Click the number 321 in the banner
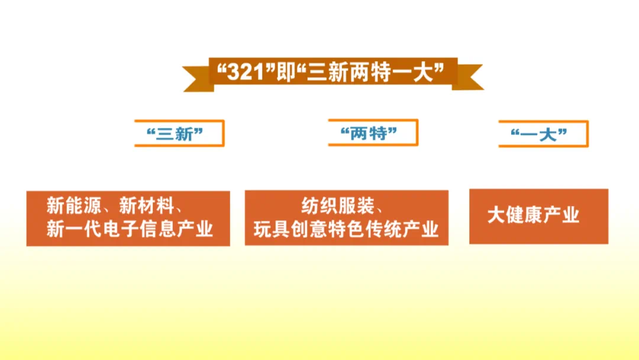pyautogui.click(x=246, y=73)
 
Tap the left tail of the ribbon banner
pyautogui.click(x=198, y=78)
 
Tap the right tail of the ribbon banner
pyautogui.click(x=468, y=76)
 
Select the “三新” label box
pyautogui.click(x=179, y=133)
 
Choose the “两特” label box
pyautogui.click(x=373, y=133)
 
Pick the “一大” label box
pyautogui.click(x=544, y=134)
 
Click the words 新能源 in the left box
pyautogui.click(x=74, y=205)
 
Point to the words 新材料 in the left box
pyautogui.click(x=147, y=205)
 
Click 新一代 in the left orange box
pyautogui.click(x=74, y=229)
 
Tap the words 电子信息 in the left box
pyautogui.click(x=139, y=229)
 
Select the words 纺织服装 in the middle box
pyautogui.click(x=338, y=206)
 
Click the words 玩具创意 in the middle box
pyautogui.click(x=291, y=229)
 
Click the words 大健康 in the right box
pyautogui.click(x=515, y=216)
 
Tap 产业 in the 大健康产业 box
pyautogui.click(x=561, y=216)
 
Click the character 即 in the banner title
pyautogui.click(x=286, y=73)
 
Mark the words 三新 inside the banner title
pyautogui.click(x=327, y=73)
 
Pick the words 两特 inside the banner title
pyautogui.click(x=366, y=73)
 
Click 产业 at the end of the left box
pyautogui.click(x=195, y=229)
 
